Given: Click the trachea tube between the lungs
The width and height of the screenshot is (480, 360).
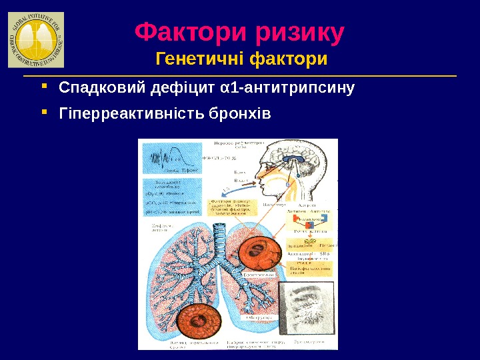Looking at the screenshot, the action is (222, 243).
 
